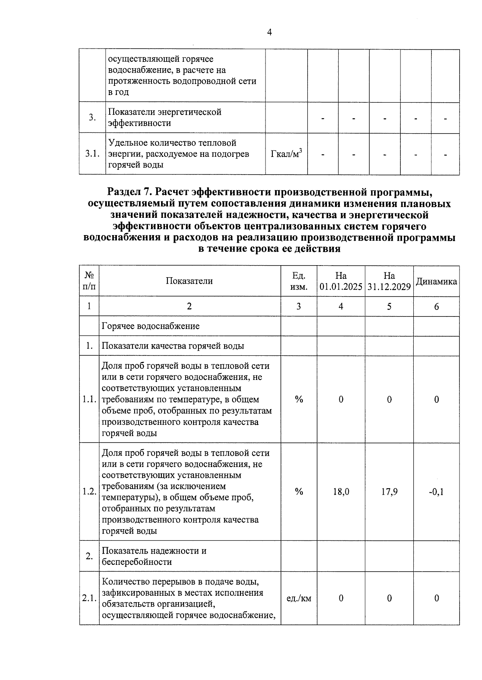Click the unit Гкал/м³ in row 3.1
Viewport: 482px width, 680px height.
click(286, 154)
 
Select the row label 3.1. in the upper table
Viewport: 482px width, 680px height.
click(92, 154)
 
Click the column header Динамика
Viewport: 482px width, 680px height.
click(436, 281)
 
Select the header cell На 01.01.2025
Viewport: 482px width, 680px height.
click(341, 281)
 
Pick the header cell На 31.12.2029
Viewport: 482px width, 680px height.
click(389, 281)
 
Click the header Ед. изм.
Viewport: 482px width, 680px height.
click(298, 281)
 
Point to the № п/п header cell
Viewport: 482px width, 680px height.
click(89, 281)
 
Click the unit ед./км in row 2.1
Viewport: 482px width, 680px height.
click(298, 599)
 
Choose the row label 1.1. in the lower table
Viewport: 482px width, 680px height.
click(89, 400)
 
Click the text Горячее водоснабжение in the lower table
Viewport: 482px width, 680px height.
click(151, 326)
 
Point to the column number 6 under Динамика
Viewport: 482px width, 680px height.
click(436, 307)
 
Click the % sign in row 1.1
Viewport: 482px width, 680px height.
click(298, 400)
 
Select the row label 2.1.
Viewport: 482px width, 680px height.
click(89, 599)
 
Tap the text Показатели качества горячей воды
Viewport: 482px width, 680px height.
click(173, 346)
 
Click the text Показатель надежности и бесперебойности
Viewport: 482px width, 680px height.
click(154, 556)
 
